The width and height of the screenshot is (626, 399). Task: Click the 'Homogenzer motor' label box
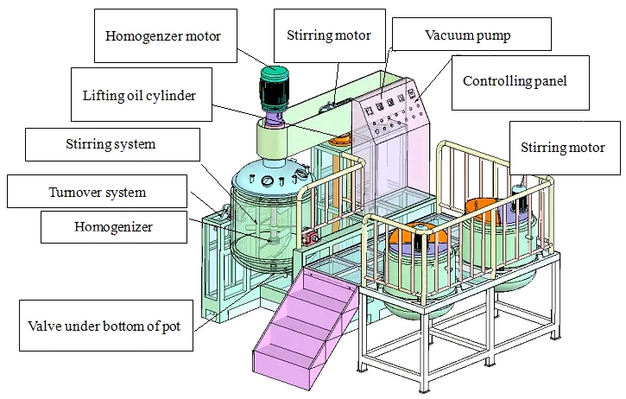(165, 36)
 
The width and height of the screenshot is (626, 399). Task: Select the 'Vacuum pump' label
(471, 35)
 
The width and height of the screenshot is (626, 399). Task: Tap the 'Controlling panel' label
(520, 83)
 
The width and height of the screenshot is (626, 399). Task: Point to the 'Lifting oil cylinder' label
(142, 95)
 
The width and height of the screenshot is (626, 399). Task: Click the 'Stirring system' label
(112, 144)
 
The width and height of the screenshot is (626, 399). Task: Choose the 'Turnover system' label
(97, 192)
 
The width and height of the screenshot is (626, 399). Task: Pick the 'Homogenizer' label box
(114, 227)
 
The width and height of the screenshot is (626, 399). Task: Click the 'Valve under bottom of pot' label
(106, 326)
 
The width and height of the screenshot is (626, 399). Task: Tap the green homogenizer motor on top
(274, 89)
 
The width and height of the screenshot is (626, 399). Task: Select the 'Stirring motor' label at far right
(565, 148)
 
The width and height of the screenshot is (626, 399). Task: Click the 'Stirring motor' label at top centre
(329, 35)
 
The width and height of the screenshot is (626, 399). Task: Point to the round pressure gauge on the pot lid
(266, 181)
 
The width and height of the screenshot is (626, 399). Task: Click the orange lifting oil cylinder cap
(340, 140)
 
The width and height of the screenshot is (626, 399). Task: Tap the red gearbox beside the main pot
(310, 237)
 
